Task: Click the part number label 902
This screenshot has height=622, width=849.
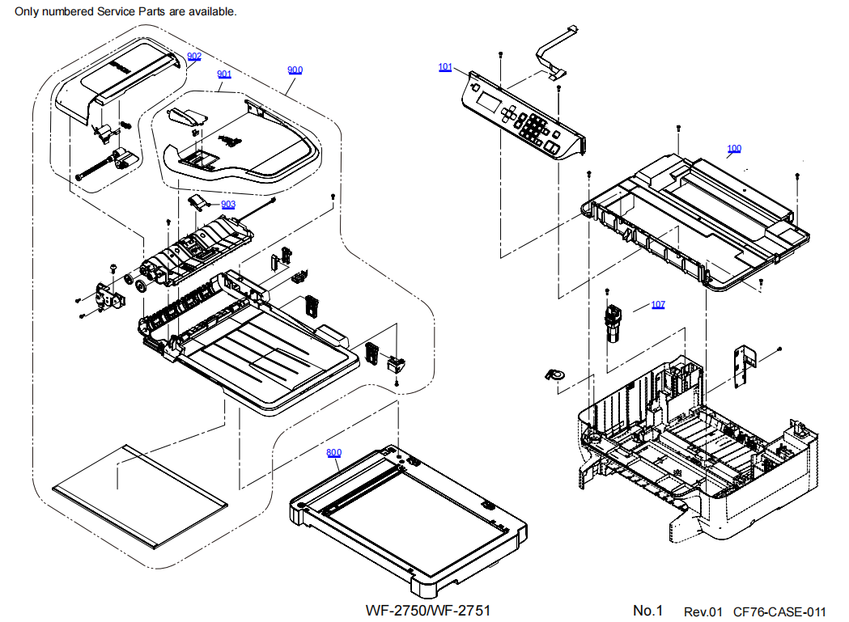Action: [x=194, y=56]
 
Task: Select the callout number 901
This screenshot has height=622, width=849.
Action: [x=224, y=74]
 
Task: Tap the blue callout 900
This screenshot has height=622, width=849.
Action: [x=295, y=70]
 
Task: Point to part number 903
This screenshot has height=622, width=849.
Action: [x=228, y=205]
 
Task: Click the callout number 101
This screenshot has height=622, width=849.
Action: [x=445, y=67]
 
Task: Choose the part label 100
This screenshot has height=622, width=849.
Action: [x=734, y=149]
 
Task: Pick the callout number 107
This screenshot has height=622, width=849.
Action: [x=658, y=305]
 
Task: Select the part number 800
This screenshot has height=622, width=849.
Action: [x=334, y=453]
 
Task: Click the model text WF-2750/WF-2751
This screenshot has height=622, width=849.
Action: [x=428, y=610]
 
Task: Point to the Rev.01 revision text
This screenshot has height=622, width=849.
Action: [x=703, y=612]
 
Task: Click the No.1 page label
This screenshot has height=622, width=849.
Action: [x=647, y=611]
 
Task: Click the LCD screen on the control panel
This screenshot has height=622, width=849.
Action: [x=490, y=102]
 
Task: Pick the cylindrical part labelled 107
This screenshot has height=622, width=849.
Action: [x=614, y=324]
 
